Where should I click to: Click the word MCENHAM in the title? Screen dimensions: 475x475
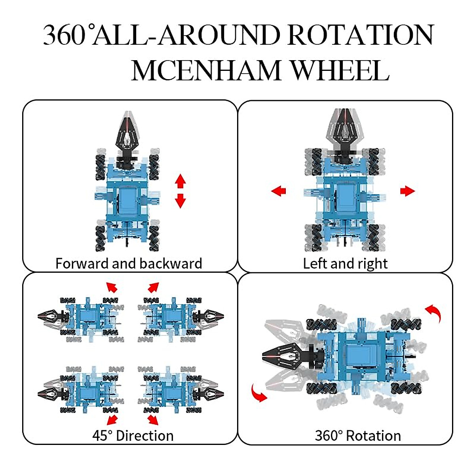206,71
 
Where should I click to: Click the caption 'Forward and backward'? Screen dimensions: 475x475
129,263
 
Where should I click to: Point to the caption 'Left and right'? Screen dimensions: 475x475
345,263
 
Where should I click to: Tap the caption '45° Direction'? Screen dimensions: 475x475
133,435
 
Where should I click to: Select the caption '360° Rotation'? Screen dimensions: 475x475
358,435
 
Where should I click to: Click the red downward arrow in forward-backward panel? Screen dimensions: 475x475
180,201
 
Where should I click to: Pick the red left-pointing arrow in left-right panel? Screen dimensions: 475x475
279,191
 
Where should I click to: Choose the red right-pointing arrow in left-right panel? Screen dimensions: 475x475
407,191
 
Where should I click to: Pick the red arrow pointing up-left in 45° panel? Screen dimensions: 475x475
112,287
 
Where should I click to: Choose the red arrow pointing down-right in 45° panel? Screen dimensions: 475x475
153,420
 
